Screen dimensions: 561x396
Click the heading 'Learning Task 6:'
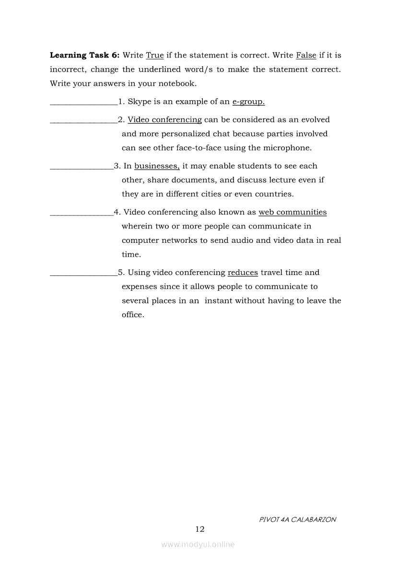click(x=85, y=55)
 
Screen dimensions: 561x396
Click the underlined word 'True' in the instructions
click(x=155, y=55)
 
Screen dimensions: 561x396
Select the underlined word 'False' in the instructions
click(x=306, y=55)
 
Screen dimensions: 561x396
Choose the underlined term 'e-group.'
click(x=248, y=102)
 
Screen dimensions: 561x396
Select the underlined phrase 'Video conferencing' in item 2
click(x=164, y=120)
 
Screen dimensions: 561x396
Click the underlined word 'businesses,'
click(x=157, y=166)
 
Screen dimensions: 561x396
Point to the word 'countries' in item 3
click(x=275, y=194)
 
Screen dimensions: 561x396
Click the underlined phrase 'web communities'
click(x=292, y=212)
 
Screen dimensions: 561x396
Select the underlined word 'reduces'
click(x=243, y=273)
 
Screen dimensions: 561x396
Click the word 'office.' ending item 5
click(x=133, y=315)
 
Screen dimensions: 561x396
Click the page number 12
click(x=200, y=529)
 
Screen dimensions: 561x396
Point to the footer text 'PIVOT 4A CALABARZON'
click(x=297, y=519)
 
